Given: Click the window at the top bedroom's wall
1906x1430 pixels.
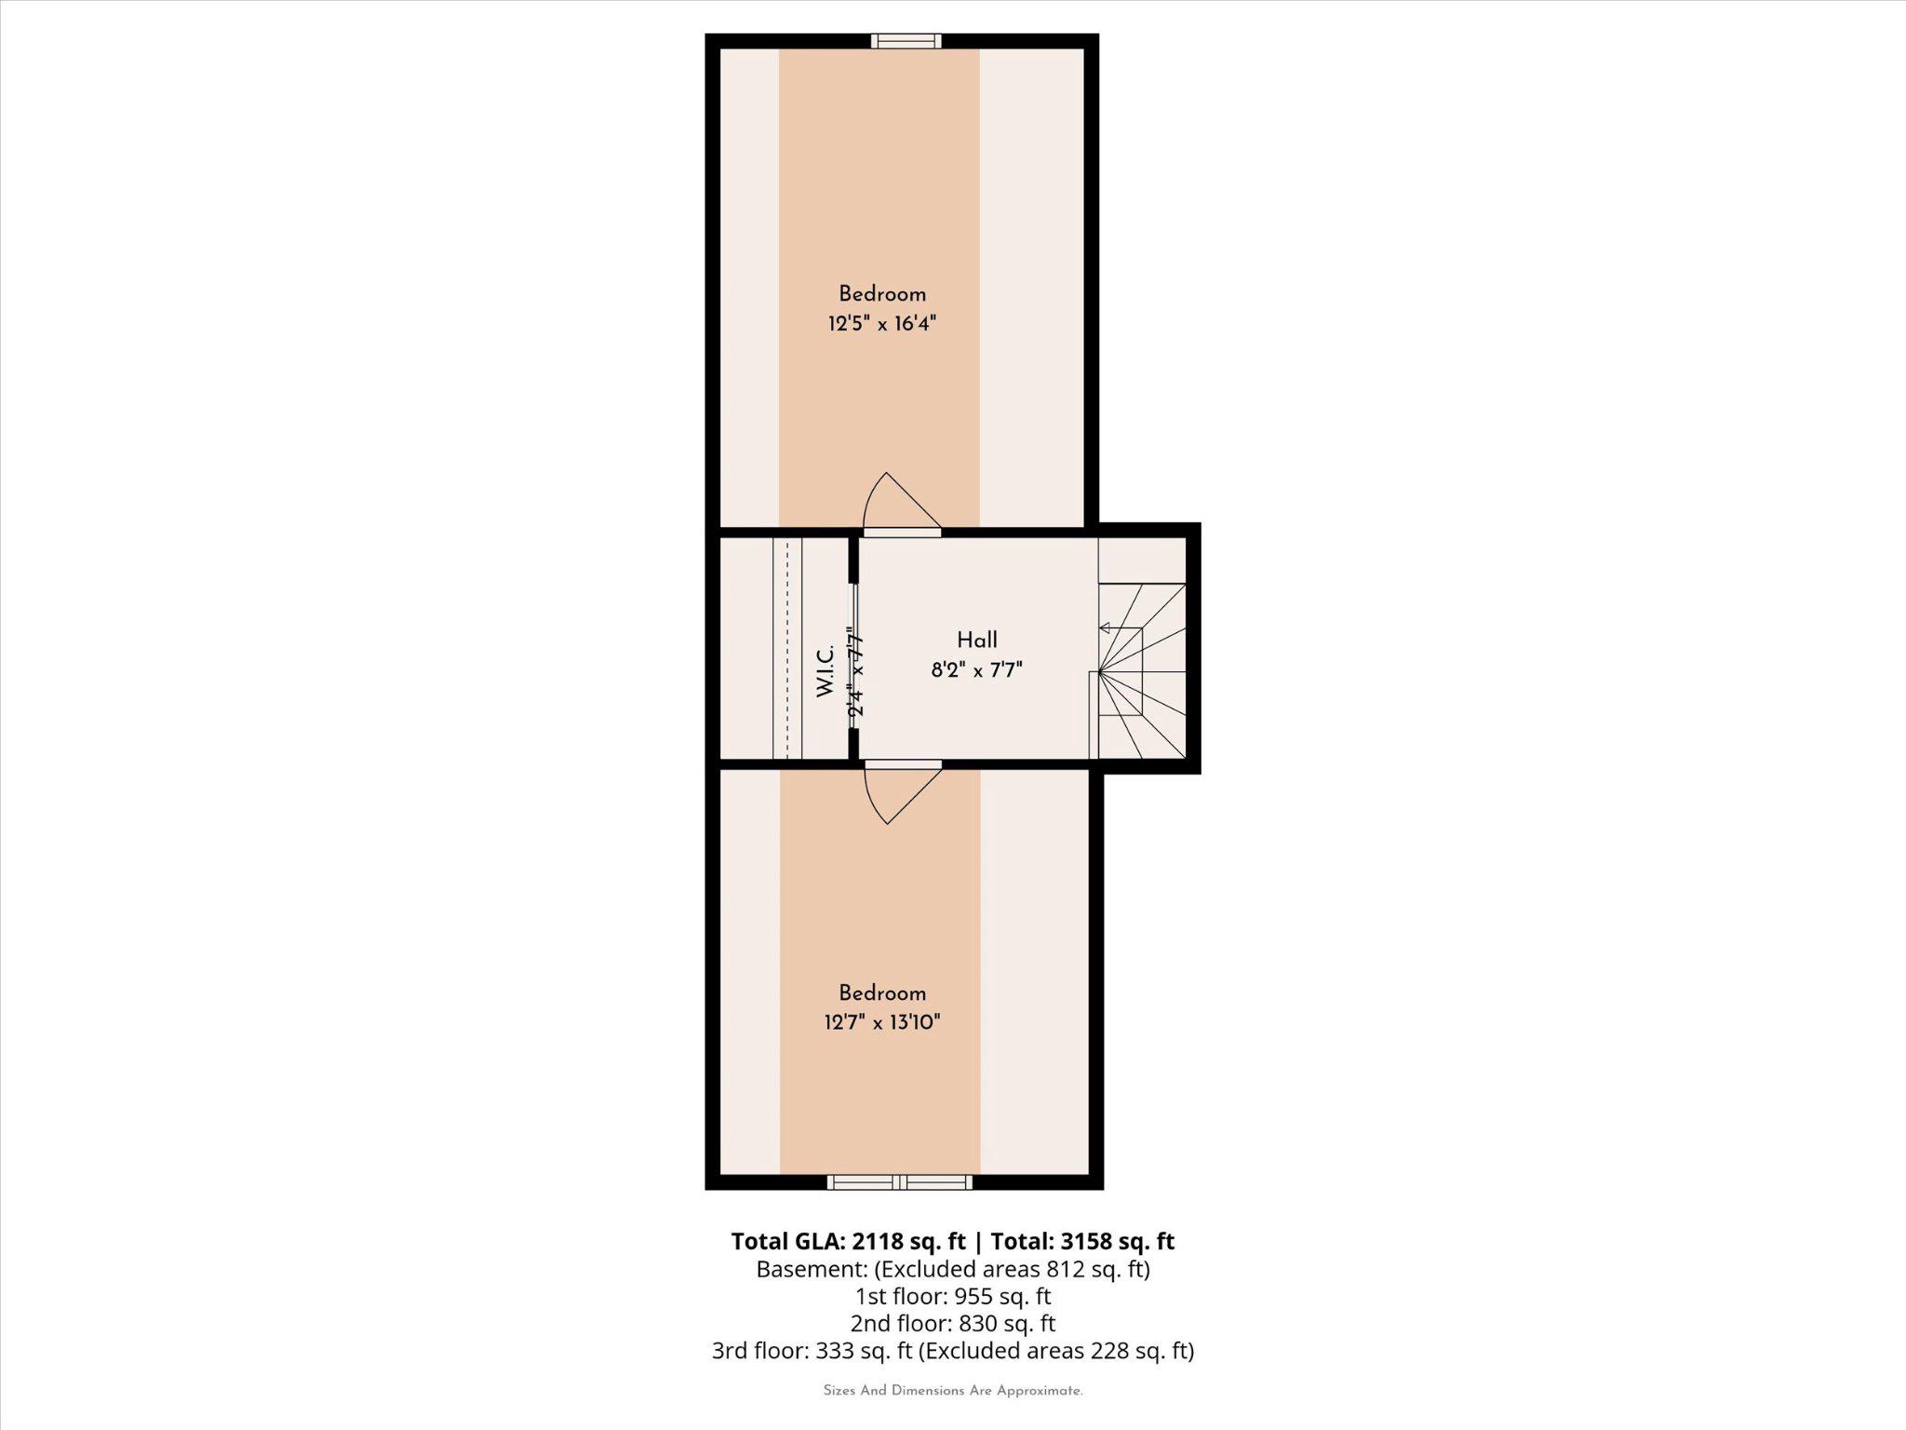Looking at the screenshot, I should click(x=906, y=41).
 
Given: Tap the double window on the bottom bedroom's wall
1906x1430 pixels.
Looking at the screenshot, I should click(x=900, y=1182).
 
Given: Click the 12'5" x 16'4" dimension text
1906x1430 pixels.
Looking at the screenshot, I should click(x=881, y=324).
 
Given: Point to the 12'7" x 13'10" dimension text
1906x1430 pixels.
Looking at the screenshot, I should click(x=881, y=1022).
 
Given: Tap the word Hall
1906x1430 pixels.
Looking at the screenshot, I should click(x=976, y=640).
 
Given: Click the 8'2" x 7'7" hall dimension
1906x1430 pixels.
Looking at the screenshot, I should click(x=976, y=669).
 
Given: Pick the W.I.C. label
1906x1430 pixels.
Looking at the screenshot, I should click(x=825, y=672).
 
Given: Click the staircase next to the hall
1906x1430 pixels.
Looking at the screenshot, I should click(x=1141, y=670).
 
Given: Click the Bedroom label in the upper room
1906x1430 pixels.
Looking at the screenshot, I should click(x=881, y=294).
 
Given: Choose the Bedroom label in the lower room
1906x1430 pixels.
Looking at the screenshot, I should click(x=881, y=992).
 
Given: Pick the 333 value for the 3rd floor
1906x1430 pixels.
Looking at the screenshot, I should click(x=836, y=1350).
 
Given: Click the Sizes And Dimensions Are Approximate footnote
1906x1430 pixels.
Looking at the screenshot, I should click(x=953, y=1391).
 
